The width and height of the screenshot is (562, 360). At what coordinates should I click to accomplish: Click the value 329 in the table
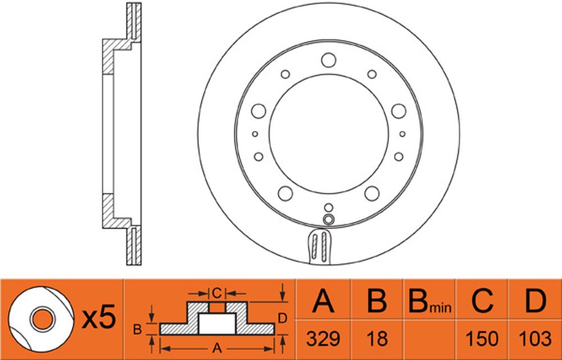323,338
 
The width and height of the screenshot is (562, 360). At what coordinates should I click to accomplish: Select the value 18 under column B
377,338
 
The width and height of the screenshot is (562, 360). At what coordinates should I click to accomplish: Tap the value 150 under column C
482,338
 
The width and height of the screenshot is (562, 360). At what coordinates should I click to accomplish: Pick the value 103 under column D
535,338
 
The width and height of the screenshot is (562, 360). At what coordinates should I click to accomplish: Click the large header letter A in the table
323,300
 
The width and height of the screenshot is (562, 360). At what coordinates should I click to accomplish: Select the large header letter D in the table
535,300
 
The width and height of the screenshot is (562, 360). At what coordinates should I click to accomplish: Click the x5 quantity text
99,317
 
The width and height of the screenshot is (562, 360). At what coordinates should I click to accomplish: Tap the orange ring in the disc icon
43,319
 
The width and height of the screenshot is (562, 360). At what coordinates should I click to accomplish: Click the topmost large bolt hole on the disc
329,60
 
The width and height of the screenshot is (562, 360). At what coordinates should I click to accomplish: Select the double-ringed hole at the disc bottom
329,219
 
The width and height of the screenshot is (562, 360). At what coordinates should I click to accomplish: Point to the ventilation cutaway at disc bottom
319,247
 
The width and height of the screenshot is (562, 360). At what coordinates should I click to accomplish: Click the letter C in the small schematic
216,293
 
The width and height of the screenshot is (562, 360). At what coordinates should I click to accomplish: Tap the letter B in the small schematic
137,329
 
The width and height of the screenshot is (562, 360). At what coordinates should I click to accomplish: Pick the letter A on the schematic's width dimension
216,348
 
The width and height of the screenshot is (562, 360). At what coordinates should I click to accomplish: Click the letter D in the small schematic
283,318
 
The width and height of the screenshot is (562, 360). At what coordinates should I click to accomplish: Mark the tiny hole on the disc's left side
255,134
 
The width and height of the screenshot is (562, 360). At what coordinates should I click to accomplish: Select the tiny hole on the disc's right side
402,134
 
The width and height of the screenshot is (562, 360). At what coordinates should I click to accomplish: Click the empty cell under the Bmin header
429,339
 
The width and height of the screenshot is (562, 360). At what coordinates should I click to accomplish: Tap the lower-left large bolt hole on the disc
285,193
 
